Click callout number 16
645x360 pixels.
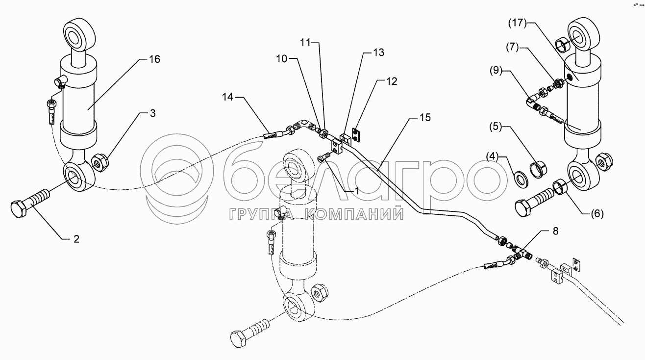coord(154,59)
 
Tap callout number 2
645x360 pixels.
coord(76,239)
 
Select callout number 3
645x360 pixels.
coord(153,114)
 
